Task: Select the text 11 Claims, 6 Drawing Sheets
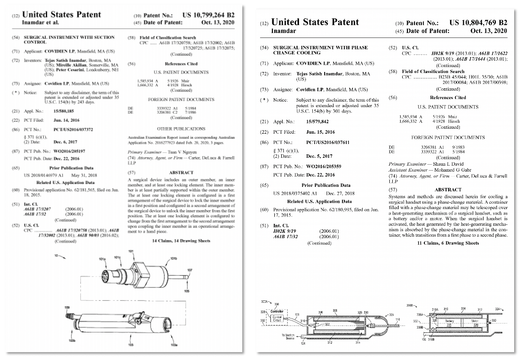point(448,243)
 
